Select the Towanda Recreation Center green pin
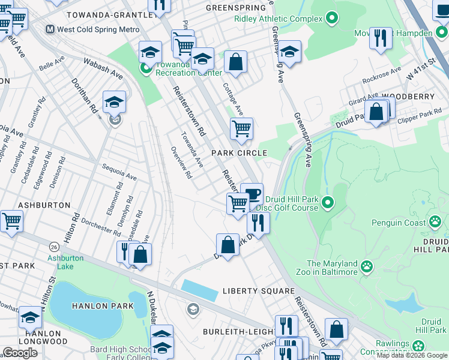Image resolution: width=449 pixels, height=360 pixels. pos(146,68)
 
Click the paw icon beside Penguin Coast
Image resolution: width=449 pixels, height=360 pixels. pos(435,223)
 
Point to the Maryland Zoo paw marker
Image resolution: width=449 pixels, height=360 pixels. pos(366,265)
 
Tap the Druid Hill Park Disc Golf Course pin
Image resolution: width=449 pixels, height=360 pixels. pos(327,203)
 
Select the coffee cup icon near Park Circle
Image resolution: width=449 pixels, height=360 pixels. pos(252,193)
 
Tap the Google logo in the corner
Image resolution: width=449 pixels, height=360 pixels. pos(20,352)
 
